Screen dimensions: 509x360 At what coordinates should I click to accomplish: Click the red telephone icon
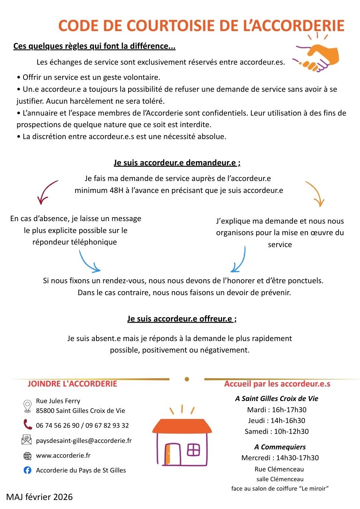[28, 424]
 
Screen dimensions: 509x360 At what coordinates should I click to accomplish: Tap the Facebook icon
[27, 470]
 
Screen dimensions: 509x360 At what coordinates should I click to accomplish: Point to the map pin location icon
[27, 406]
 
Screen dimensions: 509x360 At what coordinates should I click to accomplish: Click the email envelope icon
[27, 440]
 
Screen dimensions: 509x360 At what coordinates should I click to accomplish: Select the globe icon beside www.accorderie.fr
[27, 456]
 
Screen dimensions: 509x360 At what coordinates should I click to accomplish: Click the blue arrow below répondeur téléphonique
[89, 262]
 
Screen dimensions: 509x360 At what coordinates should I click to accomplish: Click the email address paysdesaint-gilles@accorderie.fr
[84, 441]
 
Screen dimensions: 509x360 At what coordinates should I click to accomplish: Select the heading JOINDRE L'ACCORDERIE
[72, 384]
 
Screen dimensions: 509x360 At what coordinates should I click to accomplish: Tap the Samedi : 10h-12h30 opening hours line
[277, 431]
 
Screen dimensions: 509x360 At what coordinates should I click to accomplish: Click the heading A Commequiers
[280, 447]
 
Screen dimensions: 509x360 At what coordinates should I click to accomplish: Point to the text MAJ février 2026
[39, 497]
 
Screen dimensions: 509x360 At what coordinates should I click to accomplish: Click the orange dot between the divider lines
[187, 379]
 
